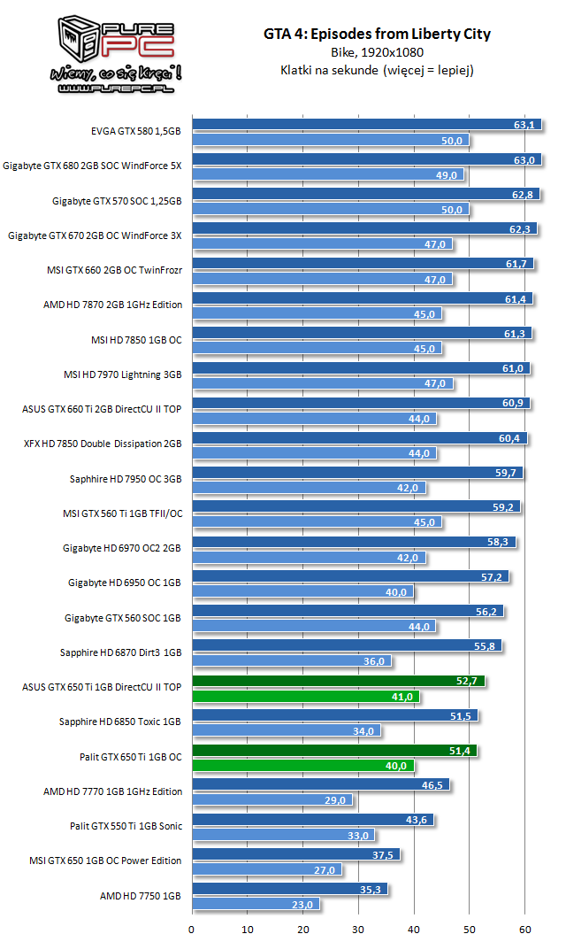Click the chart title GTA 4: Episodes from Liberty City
pos(376,35)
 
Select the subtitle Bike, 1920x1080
pos(376,53)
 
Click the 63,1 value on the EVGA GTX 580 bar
pos(524,125)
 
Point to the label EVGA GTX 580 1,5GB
pos(136,132)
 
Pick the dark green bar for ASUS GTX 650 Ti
pos(338,681)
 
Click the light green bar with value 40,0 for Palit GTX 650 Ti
pos(303,766)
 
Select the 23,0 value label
pos(303,905)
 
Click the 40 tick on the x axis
pos(414,929)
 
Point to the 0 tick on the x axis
pos(192,929)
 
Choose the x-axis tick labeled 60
pos(524,929)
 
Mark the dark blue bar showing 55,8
pos(347,646)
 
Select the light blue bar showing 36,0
pos(291,661)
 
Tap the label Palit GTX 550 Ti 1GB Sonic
pos(126,826)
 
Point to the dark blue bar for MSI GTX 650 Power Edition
pos(295,854)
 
